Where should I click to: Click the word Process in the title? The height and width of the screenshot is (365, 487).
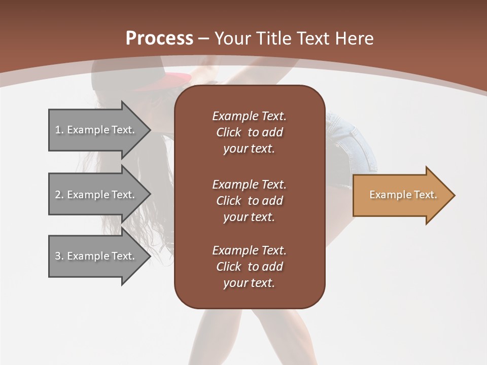pyautogui.click(x=159, y=39)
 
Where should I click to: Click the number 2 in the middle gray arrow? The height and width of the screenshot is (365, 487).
pyautogui.click(x=58, y=195)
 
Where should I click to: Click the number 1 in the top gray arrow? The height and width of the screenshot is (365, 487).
pyautogui.click(x=58, y=130)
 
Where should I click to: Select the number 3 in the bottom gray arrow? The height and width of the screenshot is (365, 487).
pyautogui.click(x=58, y=256)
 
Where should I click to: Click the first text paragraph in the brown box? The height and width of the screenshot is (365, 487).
pyautogui.click(x=249, y=132)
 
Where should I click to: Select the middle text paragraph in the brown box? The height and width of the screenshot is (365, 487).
pyautogui.click(x=249, y=201)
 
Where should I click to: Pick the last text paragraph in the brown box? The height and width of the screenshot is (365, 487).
pyautogui.click(x=249, y=267)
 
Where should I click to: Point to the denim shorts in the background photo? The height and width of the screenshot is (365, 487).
pyautogui.click(x=350, y=147)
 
